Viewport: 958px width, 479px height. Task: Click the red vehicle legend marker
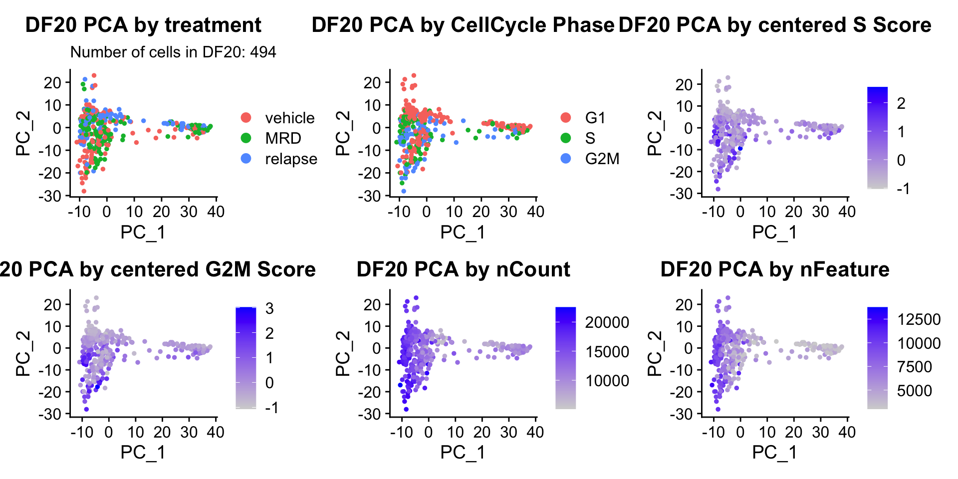[x=246, y=118]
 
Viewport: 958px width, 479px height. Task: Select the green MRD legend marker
[x=246, y=138]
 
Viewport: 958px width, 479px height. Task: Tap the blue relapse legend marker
[x=246, y=159]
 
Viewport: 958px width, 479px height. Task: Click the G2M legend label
[x=602, y=159]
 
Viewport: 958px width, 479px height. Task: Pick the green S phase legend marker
[x=565, y=138]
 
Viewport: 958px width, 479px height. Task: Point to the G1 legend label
[x=595, y=118]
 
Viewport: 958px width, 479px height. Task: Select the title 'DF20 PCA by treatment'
[x=143, y=25]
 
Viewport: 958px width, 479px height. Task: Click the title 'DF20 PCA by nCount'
[x=463, y=269]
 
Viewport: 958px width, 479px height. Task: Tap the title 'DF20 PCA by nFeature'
[x=774, y=269]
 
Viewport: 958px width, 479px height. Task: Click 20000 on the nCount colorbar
[x=607, y=322]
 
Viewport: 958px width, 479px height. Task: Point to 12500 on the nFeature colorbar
[x=919, y=319]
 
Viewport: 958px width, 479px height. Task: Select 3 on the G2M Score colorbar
[x=269, y=308]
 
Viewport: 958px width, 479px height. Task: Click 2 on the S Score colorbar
[x=901, y=103]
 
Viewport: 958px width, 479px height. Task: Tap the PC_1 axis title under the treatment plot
[x=143, y=233]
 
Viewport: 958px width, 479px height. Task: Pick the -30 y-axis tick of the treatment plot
[x=50, y=196]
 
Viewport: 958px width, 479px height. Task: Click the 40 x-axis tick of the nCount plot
[x=535, y=432]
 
